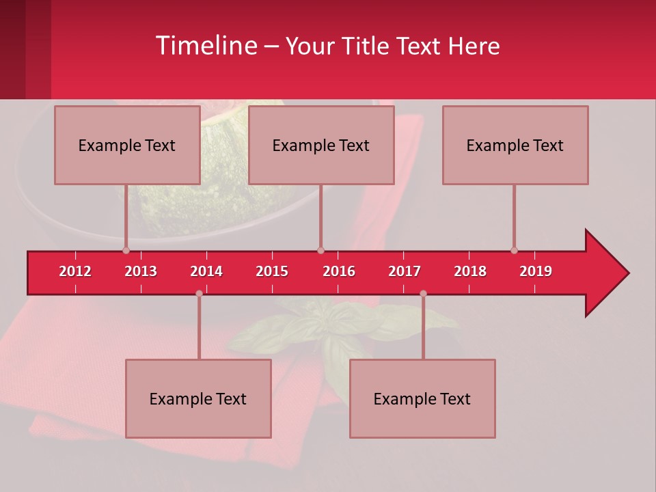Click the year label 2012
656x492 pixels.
pyautogui.click(x=75, y=271)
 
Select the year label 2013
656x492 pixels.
pyautogui.click(x=141, y=271)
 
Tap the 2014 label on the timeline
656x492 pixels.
pyautogui.click(x=206, y=271)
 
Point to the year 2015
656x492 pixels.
pyautogui.click(x=272, y=271)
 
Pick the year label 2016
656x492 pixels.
pyautogui.click(x=339, y=271)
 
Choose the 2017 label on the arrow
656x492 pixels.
pyautogui.click(x=405, y=271)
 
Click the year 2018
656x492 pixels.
pyautogui.click(x=470, y=271)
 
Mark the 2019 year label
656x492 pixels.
pyautogui.click(x=536, y=271)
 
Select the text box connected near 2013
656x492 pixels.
pyautogui.click(x=126, y=145)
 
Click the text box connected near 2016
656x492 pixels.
pyautogui.click(x=320, y=145)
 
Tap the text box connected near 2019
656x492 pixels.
pyautogui.click(x=515, y=145)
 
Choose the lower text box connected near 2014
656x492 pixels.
pyautogui.click(x=198, y=398)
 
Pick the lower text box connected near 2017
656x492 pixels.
pyautogui.click(x=422, y=398)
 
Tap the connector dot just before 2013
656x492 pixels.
pyautogui.click(x=126, y=250)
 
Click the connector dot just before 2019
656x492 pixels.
pyautogui.click(x=514, y=250)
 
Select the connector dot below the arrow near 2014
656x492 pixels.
pyautogui.click(x=199, y=293)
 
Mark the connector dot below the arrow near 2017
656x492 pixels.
pyautogui.click(x=423, y=293)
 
